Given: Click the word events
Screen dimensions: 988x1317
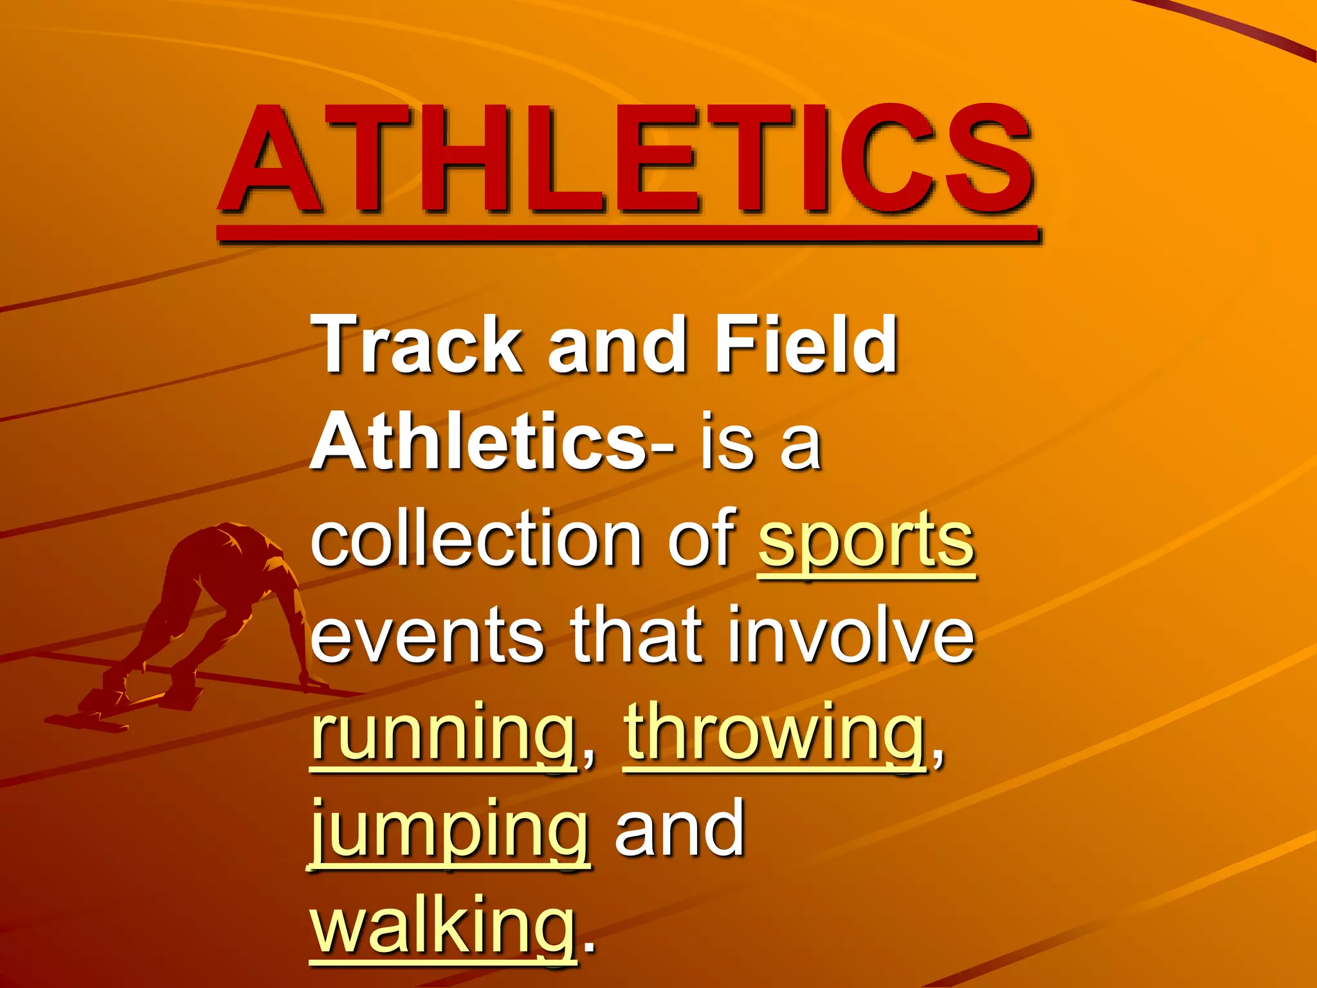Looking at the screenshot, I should pos(428,637).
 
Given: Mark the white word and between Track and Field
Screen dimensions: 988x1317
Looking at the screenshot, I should pos(617,345).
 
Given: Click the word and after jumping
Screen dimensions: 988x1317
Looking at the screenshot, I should pos(680,830).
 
